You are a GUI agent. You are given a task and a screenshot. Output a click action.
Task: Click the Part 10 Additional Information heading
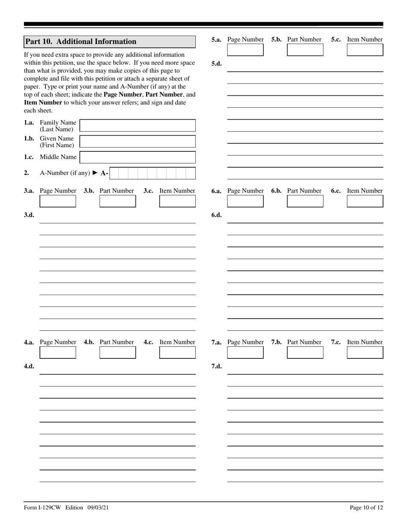pyautogui.click(x=81, y=41)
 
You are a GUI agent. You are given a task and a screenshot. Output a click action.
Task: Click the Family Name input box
pyautogui.click(x=138, y=126)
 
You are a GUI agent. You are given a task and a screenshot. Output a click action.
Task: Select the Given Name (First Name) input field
pyautogui.click(x=138, y=142)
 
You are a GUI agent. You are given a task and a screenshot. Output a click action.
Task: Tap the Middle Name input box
pyautogui.click(x=138, y=157)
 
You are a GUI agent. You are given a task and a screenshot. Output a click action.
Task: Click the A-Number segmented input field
pyautogui.click(x=152, y=173)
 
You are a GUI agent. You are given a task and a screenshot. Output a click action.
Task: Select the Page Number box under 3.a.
pyautogui.click(x=58, y=201)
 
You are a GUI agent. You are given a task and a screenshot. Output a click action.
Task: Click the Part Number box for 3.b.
pyautogui.click(x=117, y=201)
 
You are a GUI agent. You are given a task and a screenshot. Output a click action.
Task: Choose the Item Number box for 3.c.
pyautogui.click(x=177, y=201)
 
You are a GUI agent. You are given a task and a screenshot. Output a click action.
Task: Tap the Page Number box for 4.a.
pyautogui.click(x=58, y=352)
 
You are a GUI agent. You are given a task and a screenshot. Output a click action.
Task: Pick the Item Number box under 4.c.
pyautogui.click(x=177, y=352)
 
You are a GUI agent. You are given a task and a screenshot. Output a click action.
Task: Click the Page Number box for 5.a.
pyautogui.click(x=245, y=50)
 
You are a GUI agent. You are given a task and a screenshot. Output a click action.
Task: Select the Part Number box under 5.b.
pyautogui.click(x=305, y=50)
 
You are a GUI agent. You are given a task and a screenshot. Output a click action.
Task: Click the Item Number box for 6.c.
pyautogui.click(x=365, y=201)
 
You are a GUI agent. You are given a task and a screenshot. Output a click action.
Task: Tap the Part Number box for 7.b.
pyautogui.click(x=305, y=352)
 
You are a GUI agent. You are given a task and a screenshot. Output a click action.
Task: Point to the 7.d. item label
pyautogui.click(x=217, y=366)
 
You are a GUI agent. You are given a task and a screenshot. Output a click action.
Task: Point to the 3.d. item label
pyautogui.click(x=29, y=215)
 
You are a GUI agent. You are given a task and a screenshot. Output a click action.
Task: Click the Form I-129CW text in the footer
pyautogui.click(x=42, y=508)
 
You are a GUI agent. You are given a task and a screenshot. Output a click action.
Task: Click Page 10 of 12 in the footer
pyautogui.click(x=366, y=508)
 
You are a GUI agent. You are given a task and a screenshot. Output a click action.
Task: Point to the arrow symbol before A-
pyautogui.click(x=95, y=173)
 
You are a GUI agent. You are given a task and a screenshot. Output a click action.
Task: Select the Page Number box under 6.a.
pyautogui.click(x=245, y=201)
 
